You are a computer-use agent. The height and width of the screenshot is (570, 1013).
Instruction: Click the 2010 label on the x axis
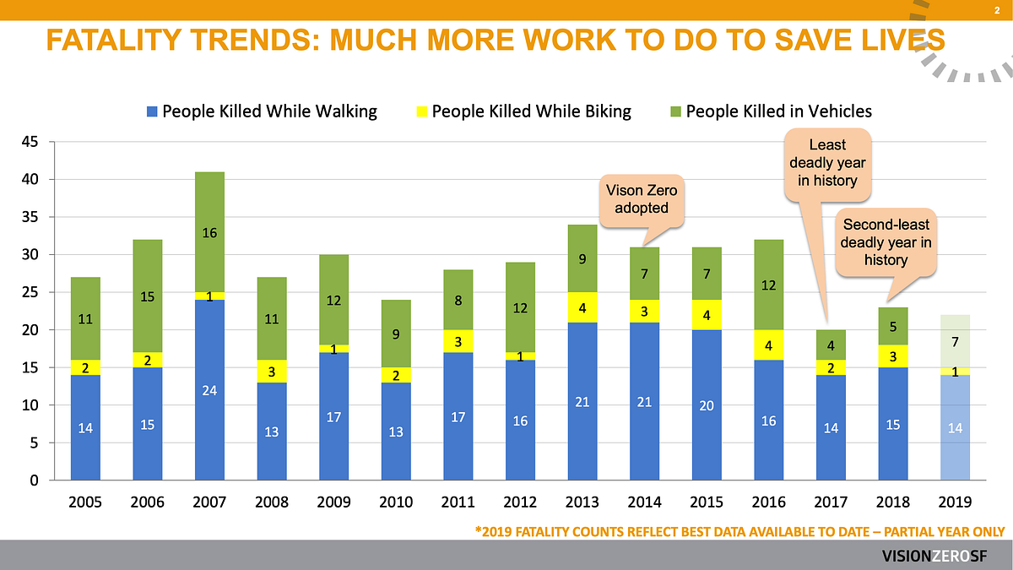396,502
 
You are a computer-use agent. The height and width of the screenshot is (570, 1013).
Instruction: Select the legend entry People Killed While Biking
523,111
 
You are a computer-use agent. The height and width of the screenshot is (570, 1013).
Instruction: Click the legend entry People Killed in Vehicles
770,111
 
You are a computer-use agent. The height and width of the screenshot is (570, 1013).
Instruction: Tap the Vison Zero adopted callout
642,200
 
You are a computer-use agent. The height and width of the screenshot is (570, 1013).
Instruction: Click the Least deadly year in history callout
827,163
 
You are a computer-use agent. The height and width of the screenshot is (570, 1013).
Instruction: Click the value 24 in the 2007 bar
209,390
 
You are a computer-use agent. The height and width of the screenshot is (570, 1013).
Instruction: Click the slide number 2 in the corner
997,10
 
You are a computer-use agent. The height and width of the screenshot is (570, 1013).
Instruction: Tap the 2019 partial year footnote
739,532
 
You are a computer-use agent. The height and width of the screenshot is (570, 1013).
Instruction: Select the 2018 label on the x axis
893,502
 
